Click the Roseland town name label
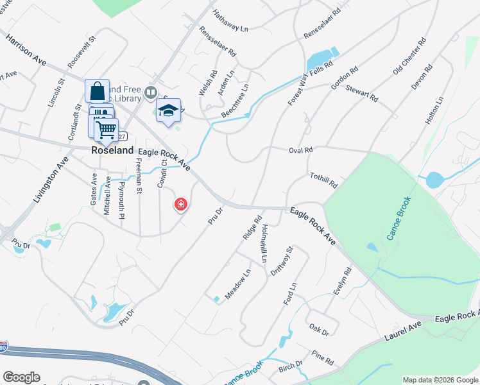click(x=112, y=150)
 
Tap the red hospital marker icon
click(x=181, y=205)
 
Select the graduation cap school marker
click(x=168, y=110)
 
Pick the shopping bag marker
click(x=97, y=90)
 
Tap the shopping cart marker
click(x=107, y=130)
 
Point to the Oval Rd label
click(x=300, y=150)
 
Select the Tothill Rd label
click(x=323, y=180)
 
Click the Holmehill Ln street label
click(x=263, y=243)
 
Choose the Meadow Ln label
click(x=237, y=281)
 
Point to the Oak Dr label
click(x=319, y=332)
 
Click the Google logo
click(x=21, y=377)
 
